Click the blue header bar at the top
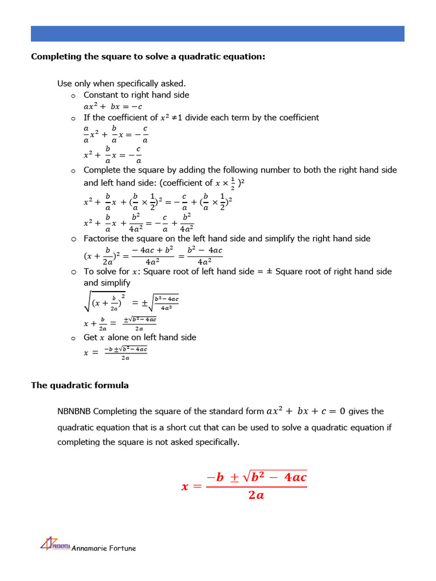[x=217, y=33]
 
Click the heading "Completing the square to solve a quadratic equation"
[x=148, y=57]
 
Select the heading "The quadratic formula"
[x=79, y=385]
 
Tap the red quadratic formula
[x=244, y=485]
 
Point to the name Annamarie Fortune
[x=104, y=548]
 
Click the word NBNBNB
[x=74, y=411]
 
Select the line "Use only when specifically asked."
[x=121, y=83]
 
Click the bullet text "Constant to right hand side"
[x=136, y=95]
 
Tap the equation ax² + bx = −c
[x=113, y=106]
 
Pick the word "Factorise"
[x=102, y=238]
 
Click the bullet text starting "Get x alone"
[x=140, y=337]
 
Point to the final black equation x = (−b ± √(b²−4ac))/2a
[x=116, y=352]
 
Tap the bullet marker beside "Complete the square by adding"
[x=73, y=170]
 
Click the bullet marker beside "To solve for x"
[x=73, y=272]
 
